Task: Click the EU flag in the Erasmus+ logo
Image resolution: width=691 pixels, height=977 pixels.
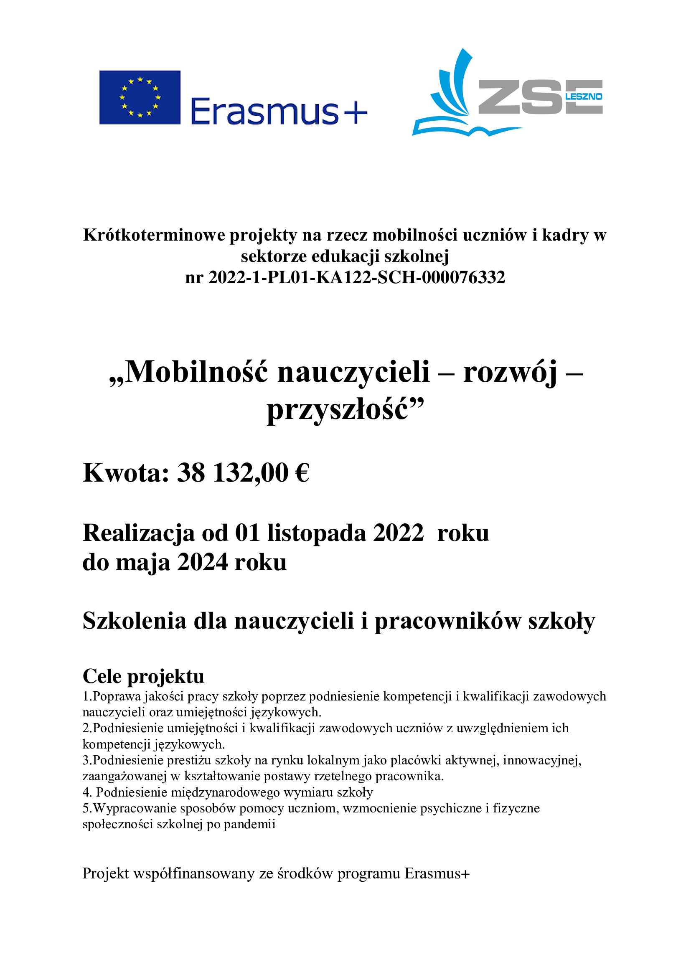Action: (140, 97)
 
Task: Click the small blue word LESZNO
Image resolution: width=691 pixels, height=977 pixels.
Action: (583, 96)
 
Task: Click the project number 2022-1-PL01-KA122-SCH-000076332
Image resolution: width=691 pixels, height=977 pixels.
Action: (356, 278)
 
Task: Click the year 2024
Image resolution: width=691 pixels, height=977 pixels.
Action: (203, 562)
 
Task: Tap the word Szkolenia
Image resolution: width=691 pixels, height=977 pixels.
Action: (135, 621)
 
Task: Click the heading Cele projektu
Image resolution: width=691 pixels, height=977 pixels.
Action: (143, 676)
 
